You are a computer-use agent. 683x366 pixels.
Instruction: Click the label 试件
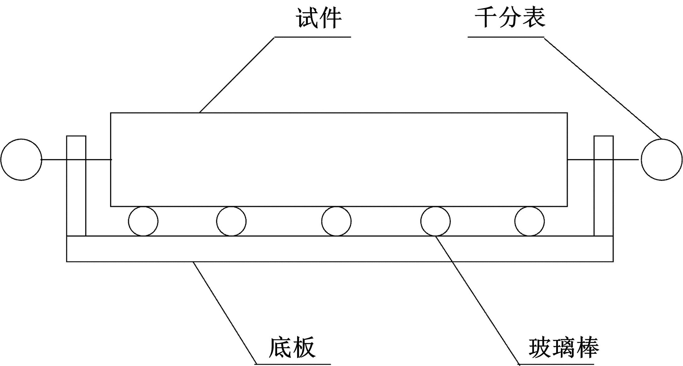pos(319,18)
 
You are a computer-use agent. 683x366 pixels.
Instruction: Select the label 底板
pos(292,347)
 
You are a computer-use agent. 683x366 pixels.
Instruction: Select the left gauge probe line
pos(76,159)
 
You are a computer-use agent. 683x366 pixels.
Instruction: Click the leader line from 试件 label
pos(237,75)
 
